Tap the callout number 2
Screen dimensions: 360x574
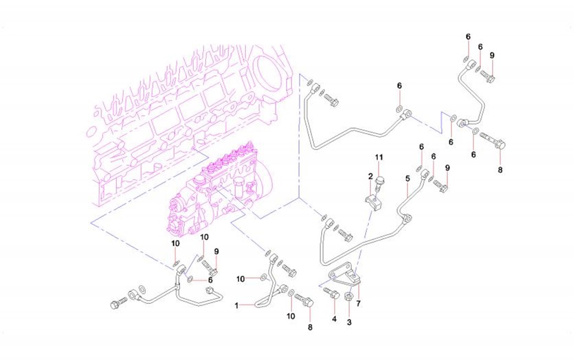[371, 177]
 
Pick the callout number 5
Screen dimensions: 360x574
[407, 179]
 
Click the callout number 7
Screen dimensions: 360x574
[358, 303]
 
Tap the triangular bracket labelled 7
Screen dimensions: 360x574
[344, 277]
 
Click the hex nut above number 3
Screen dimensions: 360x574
[348, 297]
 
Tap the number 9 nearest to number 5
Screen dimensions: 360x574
[448, 168]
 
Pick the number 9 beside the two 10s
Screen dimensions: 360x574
[217, 251]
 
